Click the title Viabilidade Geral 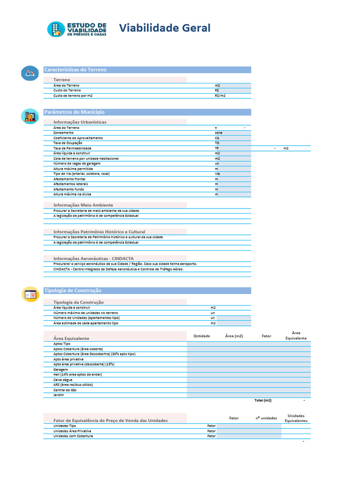[x=165, y=28]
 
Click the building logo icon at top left [x=56, y=29]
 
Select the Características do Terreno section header [x=75, y=70]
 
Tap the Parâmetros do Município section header [x=74, y=112]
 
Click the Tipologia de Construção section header [x=73, y=291]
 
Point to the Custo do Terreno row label [x=67, y=90]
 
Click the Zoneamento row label [x=63, y=133]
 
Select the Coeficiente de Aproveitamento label [x=78, y=138]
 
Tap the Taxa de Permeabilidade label [x=72, y=148]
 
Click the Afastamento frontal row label [x=69, y=179]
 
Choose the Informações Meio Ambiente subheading [x=83, y=205]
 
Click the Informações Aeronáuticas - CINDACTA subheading [x=93, y=258]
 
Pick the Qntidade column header [x=202, y=336]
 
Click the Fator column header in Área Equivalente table [x=266, y=336]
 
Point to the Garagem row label [x=61, y=369]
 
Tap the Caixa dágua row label [x=63, y=380]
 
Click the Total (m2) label [x=262, y=400]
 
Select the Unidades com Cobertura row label [x=73, y=436]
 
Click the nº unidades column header [x=266, y=418]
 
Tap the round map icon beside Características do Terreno [x=30, y=73]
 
